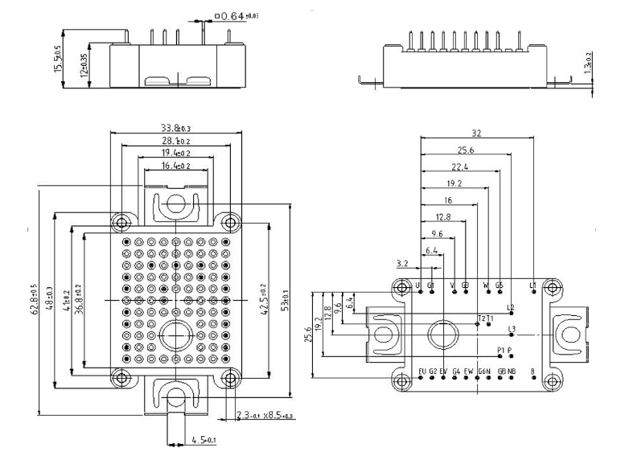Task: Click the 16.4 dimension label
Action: click(x=175, y=166)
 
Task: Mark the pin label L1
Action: click(x=533, y=285)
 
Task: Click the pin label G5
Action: click(x=499, y=285)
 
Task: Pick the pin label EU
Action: click(x=422, y=371)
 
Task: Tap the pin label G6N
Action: click(x=484, y=371)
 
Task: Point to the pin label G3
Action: click(x=465, y=285)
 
